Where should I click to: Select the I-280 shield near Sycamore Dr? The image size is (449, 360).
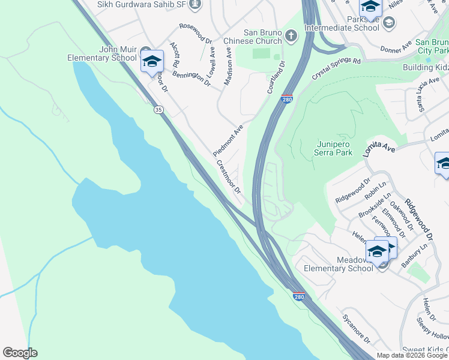[x=298, y=296]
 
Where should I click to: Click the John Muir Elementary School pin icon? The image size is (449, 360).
[x=152, y=61]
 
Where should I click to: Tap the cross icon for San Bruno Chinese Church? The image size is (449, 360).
[x=291, y=36]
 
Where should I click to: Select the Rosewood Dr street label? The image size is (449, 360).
[x=196, y=34]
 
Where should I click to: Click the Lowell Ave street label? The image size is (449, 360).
[x=212, y=60]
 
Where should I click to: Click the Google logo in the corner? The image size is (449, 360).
[x=20, y=353]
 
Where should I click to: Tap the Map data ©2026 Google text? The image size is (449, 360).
[x=411, y=355]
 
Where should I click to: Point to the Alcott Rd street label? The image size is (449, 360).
[x=175, y=55]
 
